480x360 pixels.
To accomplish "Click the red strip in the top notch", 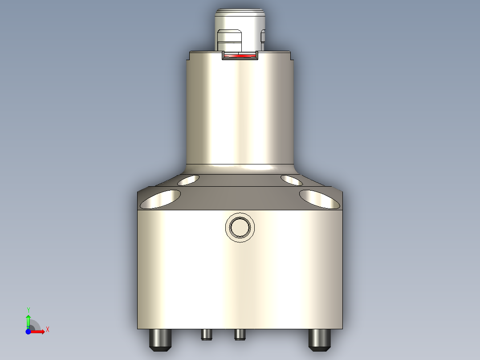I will [240, 56].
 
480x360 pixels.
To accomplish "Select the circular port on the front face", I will [240, 228].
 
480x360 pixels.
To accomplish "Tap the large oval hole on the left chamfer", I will [160, 199].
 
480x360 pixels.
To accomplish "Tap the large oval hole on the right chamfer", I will [320, 199].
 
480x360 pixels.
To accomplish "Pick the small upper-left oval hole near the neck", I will [188, 180].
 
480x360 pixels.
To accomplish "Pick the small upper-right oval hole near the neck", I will [292, 180].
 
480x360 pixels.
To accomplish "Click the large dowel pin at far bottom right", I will [320, 340].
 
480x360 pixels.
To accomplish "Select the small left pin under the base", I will [206, 334].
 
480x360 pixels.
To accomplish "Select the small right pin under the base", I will [240, 334].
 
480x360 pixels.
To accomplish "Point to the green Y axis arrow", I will [28, 320].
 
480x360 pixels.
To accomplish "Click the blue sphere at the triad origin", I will [28, 332].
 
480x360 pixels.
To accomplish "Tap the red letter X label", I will [47, 330].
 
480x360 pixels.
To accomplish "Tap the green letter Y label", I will [28, 309].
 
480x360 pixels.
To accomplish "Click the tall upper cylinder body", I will [240, 111].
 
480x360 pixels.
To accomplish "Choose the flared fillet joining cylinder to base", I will [240, 168].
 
